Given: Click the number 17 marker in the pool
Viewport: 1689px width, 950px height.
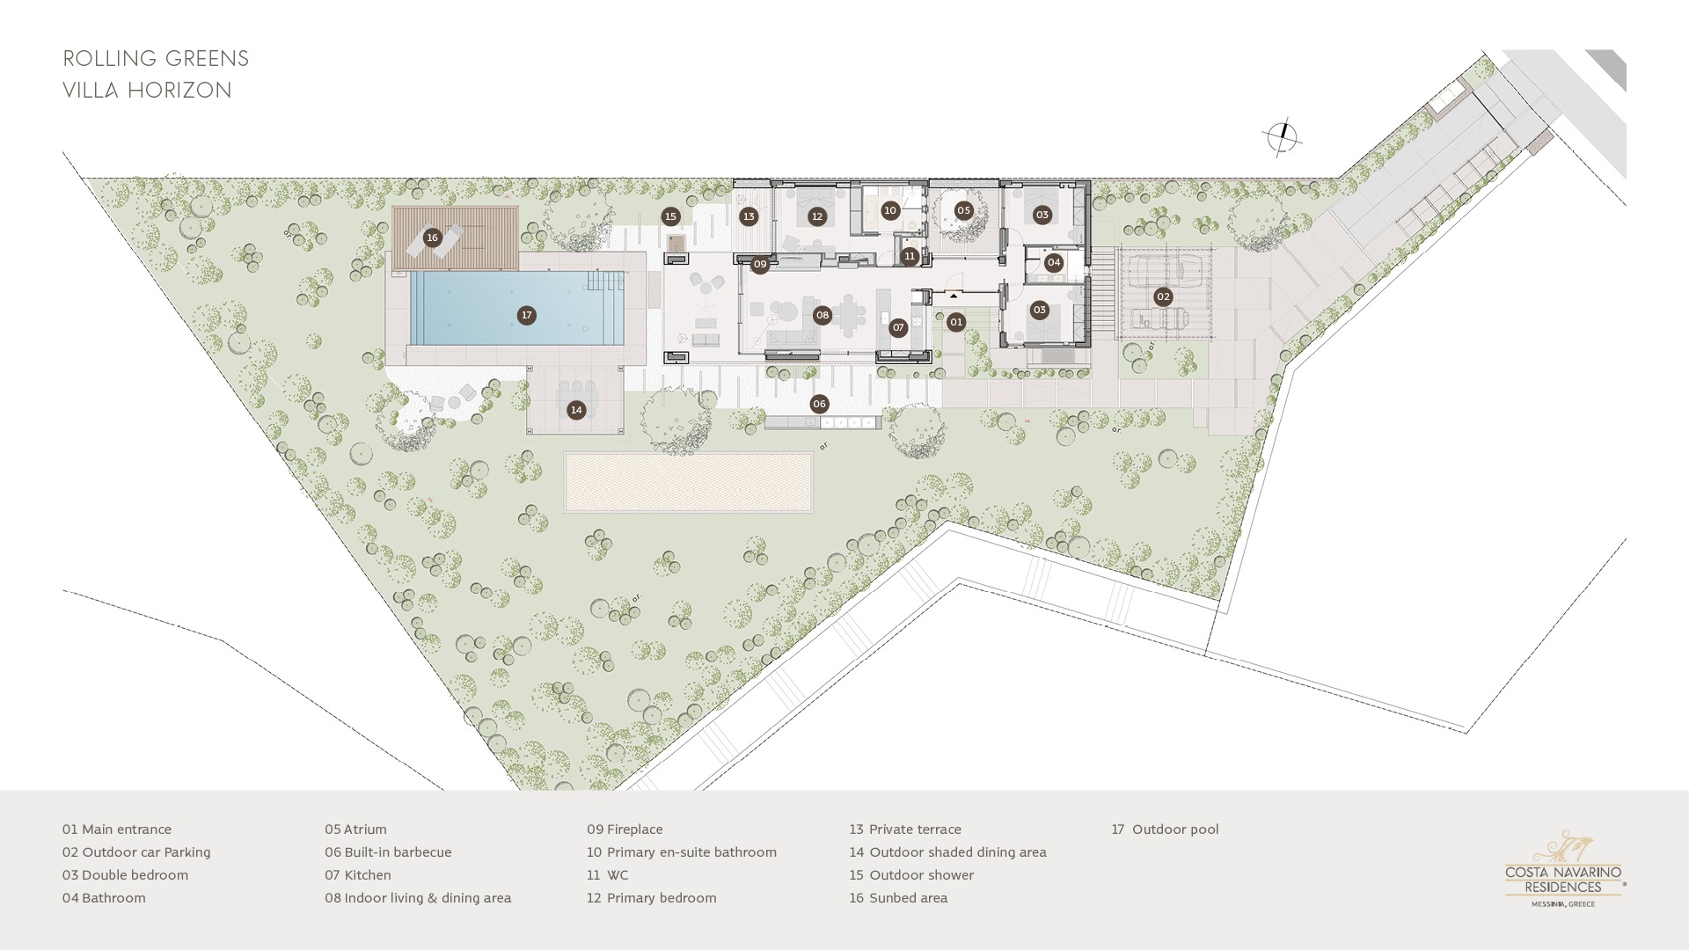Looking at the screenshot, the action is [526, 315].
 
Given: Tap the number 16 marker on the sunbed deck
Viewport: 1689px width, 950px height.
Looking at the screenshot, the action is [432, 237].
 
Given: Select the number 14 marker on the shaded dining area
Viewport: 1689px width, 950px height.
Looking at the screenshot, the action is [576, 410].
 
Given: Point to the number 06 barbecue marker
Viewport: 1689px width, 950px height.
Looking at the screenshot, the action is [819, 405].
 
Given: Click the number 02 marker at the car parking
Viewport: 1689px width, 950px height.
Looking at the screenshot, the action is [1163, 297].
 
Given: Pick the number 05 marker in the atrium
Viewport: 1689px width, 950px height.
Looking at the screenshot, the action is [963, 210].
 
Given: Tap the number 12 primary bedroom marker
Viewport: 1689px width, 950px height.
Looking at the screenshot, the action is [817, 216].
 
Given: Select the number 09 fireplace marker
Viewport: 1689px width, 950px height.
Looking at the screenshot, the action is [760, 264].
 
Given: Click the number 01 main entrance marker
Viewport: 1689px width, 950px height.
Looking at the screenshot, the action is [956, 322].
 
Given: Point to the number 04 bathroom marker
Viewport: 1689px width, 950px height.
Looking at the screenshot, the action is [1054, 262].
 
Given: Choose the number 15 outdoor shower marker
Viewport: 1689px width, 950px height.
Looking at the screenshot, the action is [671, 216].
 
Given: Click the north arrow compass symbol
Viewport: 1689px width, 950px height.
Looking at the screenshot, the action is [1282, 137].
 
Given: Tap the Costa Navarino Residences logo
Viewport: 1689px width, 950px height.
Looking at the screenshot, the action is [1565, 869].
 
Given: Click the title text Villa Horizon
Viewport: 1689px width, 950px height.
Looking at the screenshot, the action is [148, 91].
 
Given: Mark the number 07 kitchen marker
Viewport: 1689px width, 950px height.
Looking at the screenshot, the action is [898, 327].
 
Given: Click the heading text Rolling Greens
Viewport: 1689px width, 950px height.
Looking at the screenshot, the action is [157, 59].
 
